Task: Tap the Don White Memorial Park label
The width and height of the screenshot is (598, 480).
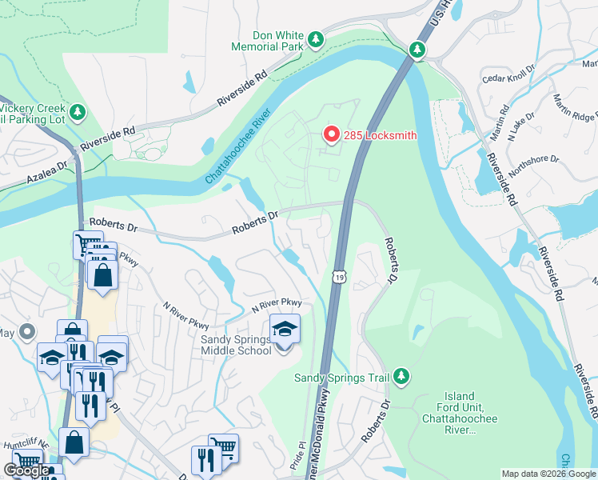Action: click(x=267, y=42)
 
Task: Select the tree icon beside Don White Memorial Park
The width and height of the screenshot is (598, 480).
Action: click(x=317, y=38)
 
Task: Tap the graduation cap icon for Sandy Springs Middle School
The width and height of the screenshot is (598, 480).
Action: click(x=284, y=329)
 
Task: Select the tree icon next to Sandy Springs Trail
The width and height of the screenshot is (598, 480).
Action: click(x=401, y=376)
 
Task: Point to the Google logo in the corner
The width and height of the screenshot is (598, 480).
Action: click(x=26, y=470)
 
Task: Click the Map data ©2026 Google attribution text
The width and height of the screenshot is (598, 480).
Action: click(x=548, y=474)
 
